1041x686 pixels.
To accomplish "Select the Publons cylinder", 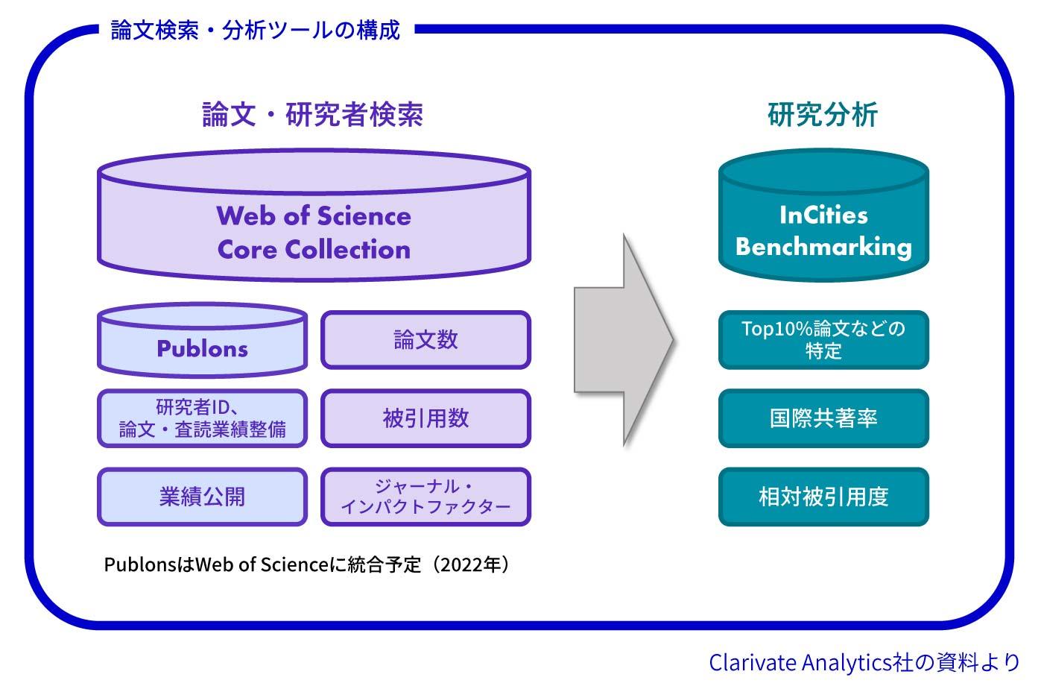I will tap(202, 344).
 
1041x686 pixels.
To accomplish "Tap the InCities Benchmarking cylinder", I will tap(823, 220).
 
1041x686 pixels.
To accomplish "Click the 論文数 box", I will tap(425, 340).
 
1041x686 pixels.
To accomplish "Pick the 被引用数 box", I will tap(425, 418).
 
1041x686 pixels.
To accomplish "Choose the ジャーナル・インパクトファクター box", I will tap(425, 497).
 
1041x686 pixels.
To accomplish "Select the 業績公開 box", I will tap(202, 497).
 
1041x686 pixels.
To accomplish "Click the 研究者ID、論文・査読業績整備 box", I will tap(202, 418).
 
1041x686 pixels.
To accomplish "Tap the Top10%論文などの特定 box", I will tap(823, 340).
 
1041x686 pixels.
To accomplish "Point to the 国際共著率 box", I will tap(823, 418).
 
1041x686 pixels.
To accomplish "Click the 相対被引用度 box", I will tap(823, 497).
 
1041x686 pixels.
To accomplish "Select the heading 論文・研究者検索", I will tap(313, 115).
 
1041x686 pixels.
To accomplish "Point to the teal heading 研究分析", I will tap(823, 115).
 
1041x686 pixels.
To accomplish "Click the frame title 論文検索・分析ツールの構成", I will tap(256, 30).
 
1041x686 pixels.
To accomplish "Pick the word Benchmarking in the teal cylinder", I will tap(823, 247).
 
